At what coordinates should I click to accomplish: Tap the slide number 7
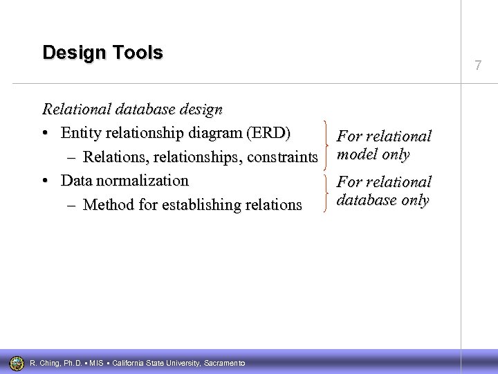click(x=477, y=66)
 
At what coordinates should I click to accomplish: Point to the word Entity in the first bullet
click(x=80, y=133)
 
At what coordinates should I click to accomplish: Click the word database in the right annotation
click(x=364, y=200)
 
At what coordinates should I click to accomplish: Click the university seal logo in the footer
click(x=17, y=362)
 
